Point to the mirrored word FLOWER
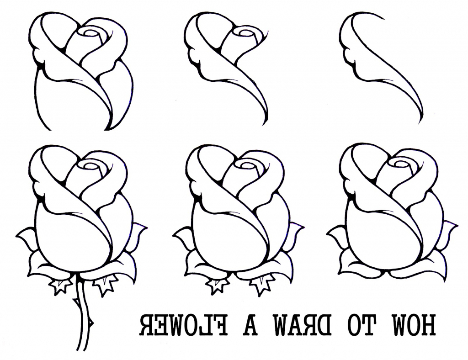183,325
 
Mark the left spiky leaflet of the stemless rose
218,286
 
